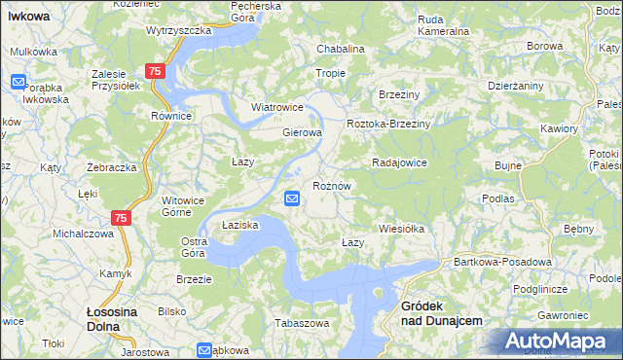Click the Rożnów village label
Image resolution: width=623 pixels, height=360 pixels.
(x=331, y=185)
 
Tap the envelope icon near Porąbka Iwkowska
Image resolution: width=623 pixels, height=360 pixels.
(x=18, y=83)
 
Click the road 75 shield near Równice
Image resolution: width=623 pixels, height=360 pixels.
(x=155, y=72)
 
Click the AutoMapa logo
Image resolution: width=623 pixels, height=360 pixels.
(x=558, y=342)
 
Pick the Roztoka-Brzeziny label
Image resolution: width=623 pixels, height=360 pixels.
(x=389, y=125)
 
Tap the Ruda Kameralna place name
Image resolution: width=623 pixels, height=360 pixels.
(x=443, y=25)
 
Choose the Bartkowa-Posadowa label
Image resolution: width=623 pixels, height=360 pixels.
(x=503, y=262)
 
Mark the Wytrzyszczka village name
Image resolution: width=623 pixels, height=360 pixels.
(x=179, y=30)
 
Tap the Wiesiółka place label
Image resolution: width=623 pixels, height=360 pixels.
(x=402, y=230)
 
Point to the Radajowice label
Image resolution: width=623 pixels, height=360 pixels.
(x=399, y=162)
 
